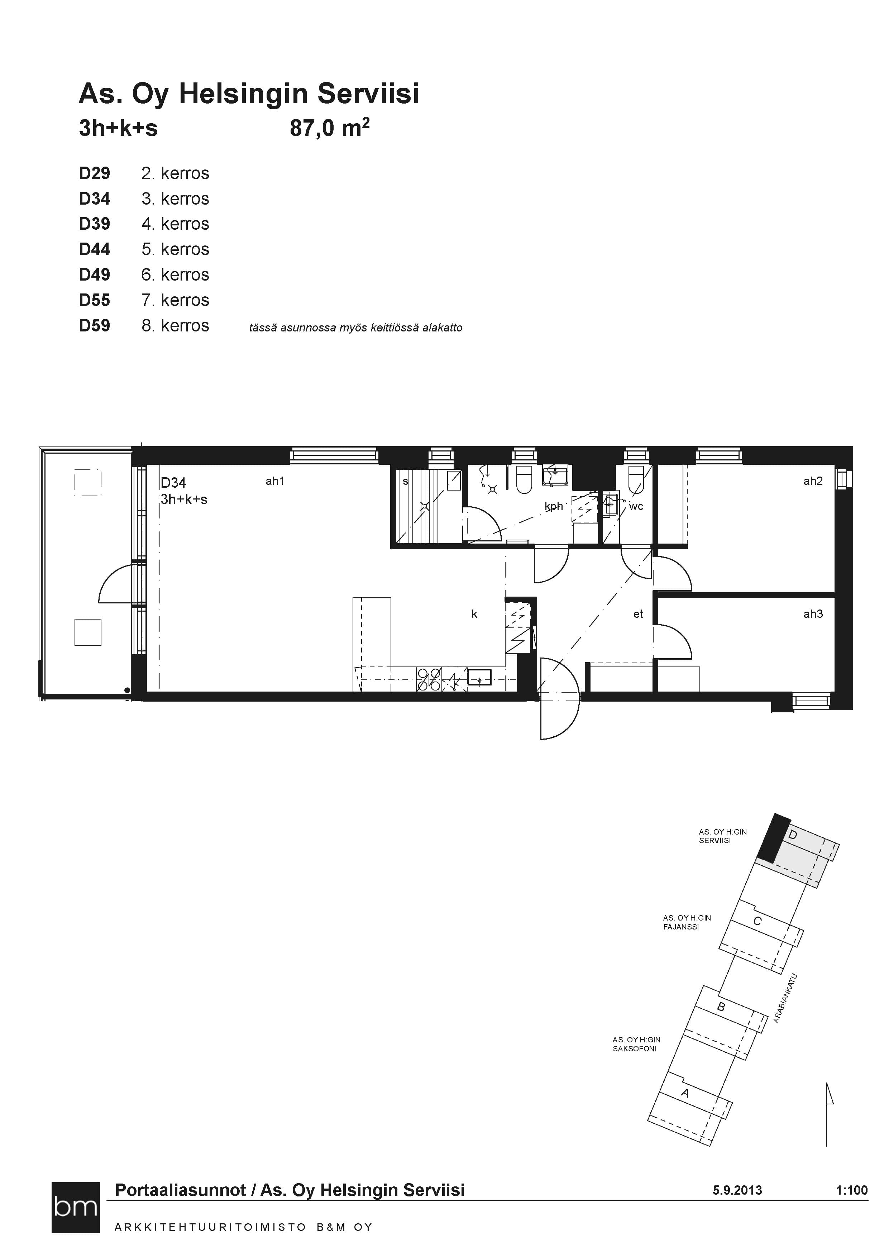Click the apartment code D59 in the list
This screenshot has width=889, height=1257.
click(94, 326)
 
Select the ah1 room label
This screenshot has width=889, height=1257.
click(275, 481)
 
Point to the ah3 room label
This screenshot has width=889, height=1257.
click(813, 614)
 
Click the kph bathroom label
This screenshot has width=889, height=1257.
click(554, 506)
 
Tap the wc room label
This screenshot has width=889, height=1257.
click(636, 506)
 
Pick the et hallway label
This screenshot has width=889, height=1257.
click(638, 614)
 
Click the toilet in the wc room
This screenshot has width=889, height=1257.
click(636, 479)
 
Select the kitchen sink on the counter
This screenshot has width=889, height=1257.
click(479, 677)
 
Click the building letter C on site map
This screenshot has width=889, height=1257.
click(757, 921)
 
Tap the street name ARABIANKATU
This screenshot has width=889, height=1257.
click(785, 998)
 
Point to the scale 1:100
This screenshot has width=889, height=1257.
click(852, 1190)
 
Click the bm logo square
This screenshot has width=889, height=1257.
click(76, 1208)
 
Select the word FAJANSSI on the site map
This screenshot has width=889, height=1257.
click(681, 927)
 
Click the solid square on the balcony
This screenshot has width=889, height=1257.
click(87, 632)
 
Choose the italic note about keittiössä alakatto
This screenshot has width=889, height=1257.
click(356, 328)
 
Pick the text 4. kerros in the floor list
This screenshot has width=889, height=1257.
click(175, 224)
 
